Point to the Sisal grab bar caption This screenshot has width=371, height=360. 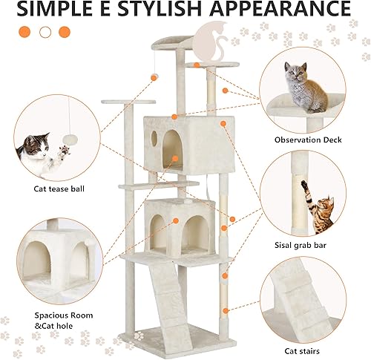[x=309, y=243]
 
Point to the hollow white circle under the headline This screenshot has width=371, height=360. [x=45, y=32]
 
